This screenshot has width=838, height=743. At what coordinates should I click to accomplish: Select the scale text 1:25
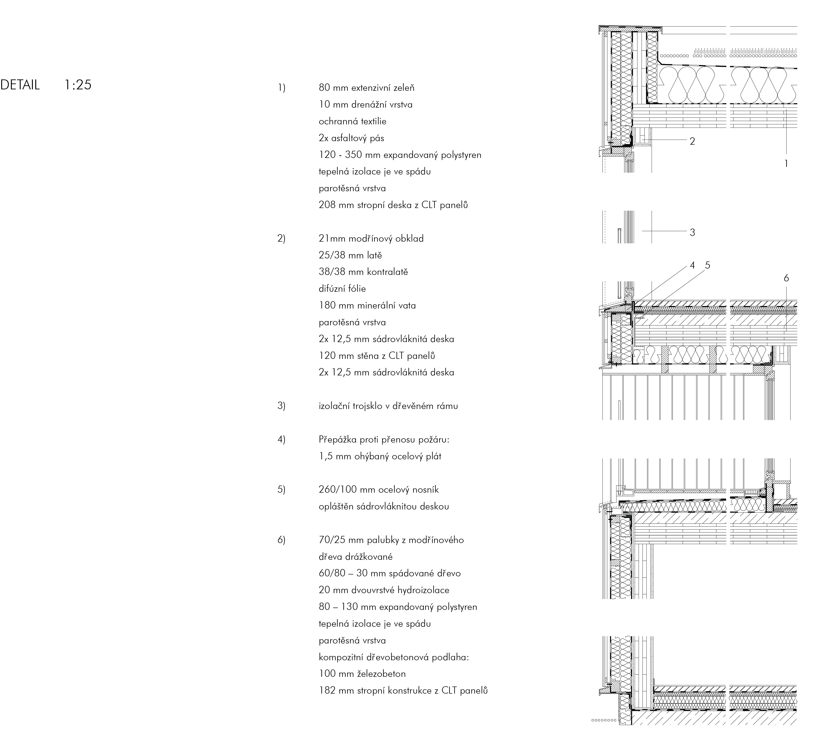[x=78, y=85]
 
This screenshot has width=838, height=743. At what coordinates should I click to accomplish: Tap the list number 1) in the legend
[x=281, y=88]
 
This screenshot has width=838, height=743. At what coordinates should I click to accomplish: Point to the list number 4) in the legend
[x=281, y=440]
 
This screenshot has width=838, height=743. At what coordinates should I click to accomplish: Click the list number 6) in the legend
[x=281, y=540]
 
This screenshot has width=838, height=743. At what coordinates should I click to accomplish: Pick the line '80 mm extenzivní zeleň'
[x=367, y=88]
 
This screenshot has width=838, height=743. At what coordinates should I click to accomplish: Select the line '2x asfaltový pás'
[x=351, y=138]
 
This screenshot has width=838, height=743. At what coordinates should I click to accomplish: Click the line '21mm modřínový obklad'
[x=371, y=239]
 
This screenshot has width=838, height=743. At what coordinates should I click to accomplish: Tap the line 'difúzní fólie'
[x=342, y=288]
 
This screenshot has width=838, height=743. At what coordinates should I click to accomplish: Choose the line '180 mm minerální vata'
[x=367, y=305]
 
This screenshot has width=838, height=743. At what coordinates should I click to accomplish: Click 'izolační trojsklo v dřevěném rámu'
[x=388, y=406]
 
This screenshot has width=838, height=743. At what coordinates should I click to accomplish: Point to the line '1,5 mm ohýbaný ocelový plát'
[x=380, y=456]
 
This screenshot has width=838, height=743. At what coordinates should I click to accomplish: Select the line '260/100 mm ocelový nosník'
[x=379, y=490]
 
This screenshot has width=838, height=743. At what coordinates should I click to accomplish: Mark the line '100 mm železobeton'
[x=362, y=674]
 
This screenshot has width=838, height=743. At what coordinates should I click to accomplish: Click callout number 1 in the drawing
[x=786, y=164]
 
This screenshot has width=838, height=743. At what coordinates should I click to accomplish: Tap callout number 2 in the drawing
[x=692, y=141]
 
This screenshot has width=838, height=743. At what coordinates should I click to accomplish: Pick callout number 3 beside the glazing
[x=692, y=232]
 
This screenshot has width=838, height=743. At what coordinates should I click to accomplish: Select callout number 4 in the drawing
[x=692, y=265]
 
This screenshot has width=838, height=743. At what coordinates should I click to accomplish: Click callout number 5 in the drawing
[x=708, y=265]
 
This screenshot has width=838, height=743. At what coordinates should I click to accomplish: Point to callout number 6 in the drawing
[x=786, y=278]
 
